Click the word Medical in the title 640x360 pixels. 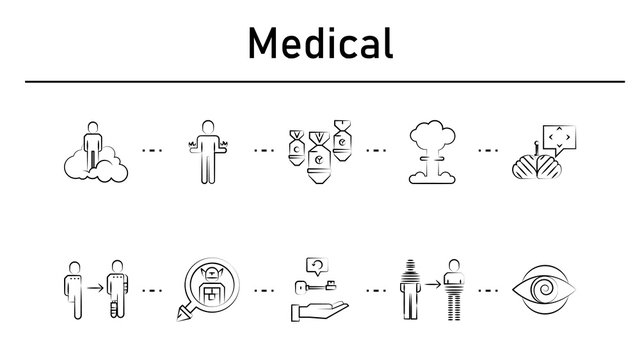319,43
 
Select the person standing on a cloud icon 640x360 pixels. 93,151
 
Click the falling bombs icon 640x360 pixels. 319,151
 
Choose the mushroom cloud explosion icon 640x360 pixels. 430,151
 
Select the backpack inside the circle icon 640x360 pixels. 208,291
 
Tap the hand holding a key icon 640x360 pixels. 319,291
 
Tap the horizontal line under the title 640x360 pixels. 319,81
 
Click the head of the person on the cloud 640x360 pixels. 93,127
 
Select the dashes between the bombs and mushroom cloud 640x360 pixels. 378,151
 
